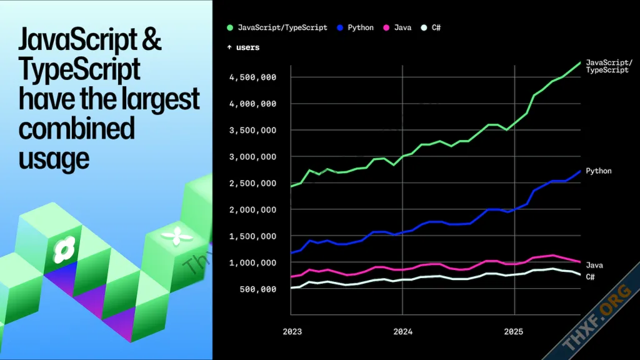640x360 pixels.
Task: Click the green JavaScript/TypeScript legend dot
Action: [x=230, y=27]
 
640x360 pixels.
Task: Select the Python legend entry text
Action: [x=361, y=27]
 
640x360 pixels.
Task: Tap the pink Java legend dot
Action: [x=386, y=27]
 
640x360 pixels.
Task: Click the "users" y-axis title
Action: [x=247, y=47]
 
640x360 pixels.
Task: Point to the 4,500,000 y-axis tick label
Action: [x=253, y=77]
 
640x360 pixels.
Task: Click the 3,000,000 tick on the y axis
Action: [x=253, y=157]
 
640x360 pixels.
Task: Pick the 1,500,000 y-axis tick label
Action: [x=253, y=236]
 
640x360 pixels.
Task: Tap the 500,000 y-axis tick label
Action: [x=258, y=289]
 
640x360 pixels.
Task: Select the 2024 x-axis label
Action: [x=402, y=331]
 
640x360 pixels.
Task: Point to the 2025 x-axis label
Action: [x=514, y=331]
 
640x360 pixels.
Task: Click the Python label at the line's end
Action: [x=598, y=171]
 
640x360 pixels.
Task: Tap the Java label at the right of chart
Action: [x=594, y=266]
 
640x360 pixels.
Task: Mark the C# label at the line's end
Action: [x=590, y=276]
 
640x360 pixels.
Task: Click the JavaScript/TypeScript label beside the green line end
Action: [x=609, y=67]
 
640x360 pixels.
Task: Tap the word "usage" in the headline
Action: [x=54, y=158]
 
